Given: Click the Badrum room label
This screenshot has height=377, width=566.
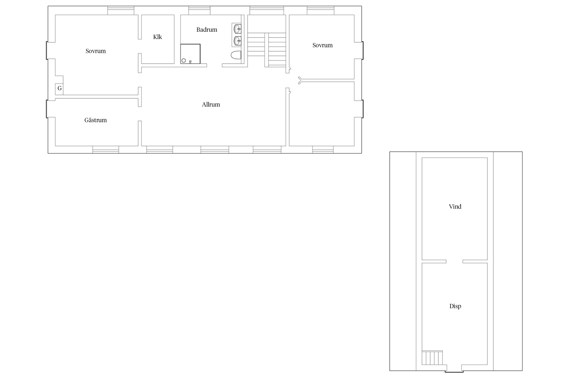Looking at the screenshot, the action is click(207, 30).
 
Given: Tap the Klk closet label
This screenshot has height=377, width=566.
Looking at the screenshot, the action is click(157, 37).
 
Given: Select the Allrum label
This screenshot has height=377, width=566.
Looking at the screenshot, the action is click(211, 105).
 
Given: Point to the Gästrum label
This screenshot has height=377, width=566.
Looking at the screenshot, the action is click(96, 120).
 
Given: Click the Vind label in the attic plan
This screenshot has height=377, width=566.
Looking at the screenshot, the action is click(455, 207).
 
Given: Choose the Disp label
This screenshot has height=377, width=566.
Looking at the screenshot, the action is click(455, 306).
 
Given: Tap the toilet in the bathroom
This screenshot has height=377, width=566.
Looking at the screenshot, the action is click(236, 55).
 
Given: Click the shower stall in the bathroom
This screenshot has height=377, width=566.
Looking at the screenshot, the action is click(190, 54).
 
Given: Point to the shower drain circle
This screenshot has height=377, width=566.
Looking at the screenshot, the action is click(184, 61).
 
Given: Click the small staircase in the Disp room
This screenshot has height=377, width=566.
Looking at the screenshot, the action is click(432, 357).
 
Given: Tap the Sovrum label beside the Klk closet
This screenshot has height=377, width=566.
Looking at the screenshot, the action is click(96, 51).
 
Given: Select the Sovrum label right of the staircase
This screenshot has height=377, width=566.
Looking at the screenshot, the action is click(322, 45).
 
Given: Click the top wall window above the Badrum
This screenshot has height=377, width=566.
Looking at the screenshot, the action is click(199, 11).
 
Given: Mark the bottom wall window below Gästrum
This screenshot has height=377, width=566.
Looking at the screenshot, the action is click(106, 150).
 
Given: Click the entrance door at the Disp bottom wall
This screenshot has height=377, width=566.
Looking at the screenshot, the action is click(454, 372).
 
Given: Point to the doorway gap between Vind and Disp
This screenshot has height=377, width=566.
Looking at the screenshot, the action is click(454, 261).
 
